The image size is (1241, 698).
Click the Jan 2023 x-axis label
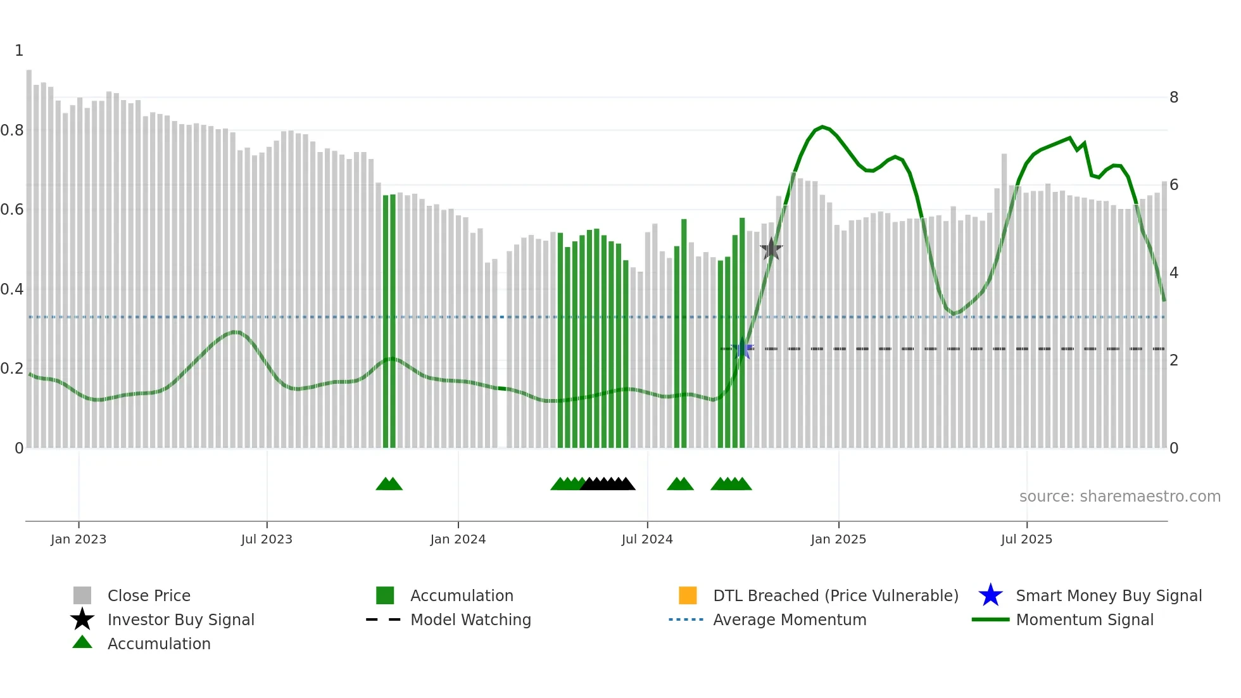(79, 539)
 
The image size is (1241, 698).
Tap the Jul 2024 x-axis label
(647, 539)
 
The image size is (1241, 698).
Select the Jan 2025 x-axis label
(838, 539)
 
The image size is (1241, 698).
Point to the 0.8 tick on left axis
(12, 130)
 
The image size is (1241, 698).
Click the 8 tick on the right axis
(1174, 98)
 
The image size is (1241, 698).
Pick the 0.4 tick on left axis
(12, 289)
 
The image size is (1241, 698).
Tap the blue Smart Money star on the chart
(742, 349)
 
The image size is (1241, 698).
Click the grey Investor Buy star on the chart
(771, 250)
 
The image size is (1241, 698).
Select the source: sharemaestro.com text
(1119, 497)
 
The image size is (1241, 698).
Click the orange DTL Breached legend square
(688, 595)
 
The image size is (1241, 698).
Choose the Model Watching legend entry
(470, 619)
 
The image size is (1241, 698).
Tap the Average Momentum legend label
(790, 619)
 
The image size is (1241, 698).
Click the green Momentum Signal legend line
(990, 619)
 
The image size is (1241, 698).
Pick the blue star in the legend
(990, 595)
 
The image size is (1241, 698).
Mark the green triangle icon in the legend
(82, 642)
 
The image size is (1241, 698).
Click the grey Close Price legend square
(82, 595)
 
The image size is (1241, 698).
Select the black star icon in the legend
(82, 619)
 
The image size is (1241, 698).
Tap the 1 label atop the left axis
(19, 51)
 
